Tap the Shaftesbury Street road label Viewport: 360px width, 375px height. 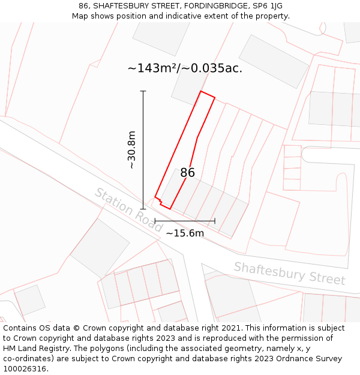point(289,273)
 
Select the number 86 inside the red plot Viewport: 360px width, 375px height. point(187,173)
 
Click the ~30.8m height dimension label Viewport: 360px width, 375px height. point(132,150)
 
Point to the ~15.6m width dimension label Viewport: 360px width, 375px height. point(185,233)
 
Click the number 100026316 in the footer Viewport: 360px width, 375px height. point(25,368)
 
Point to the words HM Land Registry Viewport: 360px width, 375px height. point(35,348)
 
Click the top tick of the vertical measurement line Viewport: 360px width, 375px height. point(143,91)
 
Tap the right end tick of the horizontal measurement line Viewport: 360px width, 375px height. point(214,221)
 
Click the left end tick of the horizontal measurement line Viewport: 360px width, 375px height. point(155,221)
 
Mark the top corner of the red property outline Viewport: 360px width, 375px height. point(201,91)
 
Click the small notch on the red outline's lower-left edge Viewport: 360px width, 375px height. point(158,198)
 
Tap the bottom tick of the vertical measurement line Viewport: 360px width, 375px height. point(143,209)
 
